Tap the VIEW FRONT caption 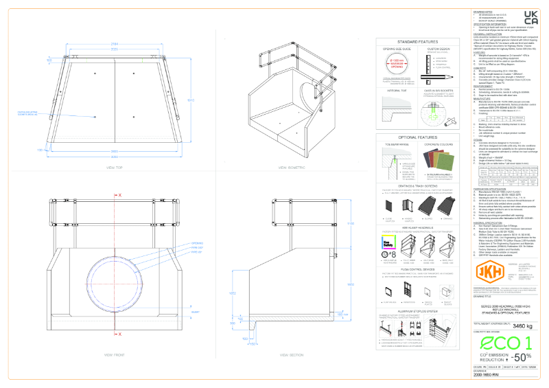[114, 355]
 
